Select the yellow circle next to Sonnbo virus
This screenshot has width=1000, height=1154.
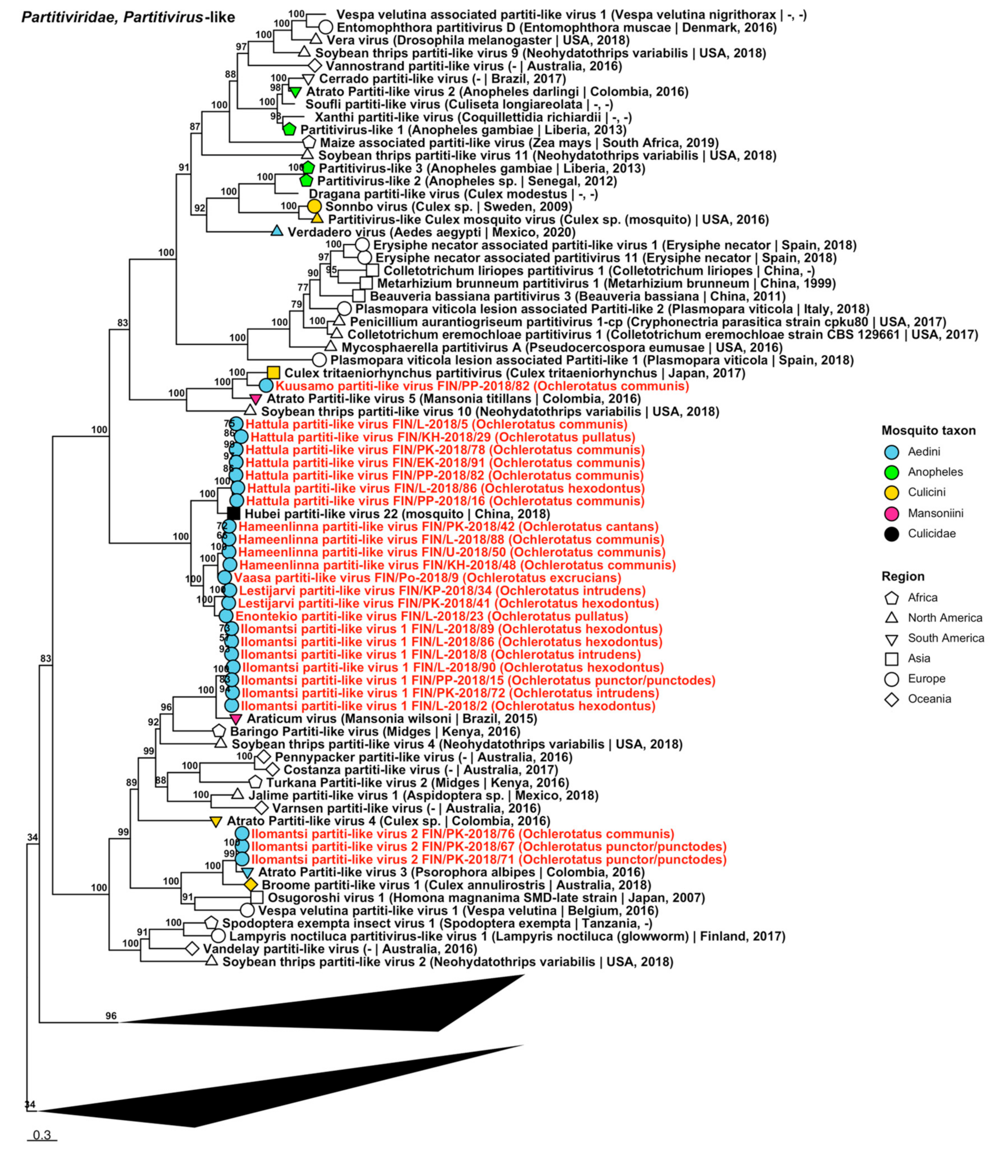click(x=314, y=206)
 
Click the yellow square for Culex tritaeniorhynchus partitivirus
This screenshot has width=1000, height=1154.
click(x=273, y=372)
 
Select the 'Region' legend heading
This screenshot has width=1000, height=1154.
click(x=903, y=576)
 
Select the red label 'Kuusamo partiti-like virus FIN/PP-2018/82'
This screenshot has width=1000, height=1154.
click(x=482, y=386)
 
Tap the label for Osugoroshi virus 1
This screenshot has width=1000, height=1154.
click(x=486, y=898)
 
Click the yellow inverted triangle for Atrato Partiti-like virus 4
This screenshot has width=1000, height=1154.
click(x=216, y=821)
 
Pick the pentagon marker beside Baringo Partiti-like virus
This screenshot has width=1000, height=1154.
click(x=219, y=731)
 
